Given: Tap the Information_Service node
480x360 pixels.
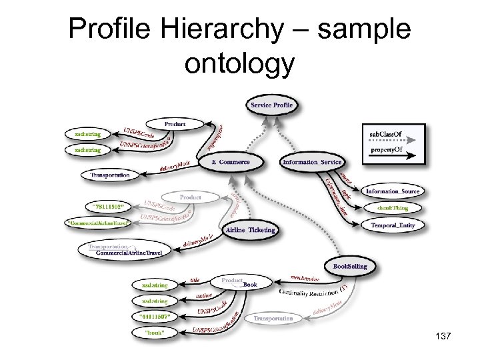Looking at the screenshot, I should (312, 162).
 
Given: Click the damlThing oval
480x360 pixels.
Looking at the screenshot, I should (393, 209).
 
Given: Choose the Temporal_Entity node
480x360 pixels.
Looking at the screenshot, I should (393, 225).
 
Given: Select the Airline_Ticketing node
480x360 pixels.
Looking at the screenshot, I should (250, 230).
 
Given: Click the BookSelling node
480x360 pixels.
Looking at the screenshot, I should (349, 266).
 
